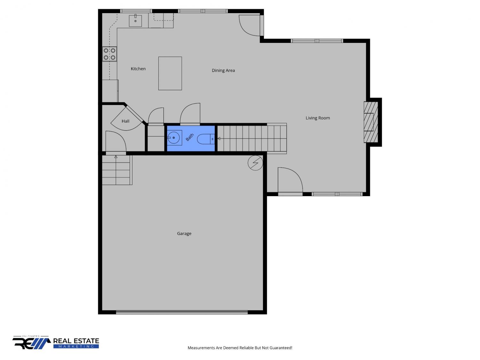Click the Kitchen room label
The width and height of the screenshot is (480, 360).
click(x=138, y=68)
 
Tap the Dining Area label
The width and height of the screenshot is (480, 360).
click(x=223, y=70)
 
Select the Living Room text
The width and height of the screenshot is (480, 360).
click(x=317, y=118)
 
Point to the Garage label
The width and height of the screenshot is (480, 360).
click(x=184, y=234)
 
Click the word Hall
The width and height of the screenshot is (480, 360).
click(x=125, y=121)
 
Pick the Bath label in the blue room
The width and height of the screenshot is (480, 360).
click(x=189, y=137)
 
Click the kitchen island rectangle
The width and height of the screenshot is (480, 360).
click(x=170, y=74)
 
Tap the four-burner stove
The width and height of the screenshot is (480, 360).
click(x=109, y=54)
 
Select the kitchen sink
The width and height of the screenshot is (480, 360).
click(x=135, y=21)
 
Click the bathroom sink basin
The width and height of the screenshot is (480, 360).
click(x=174, y=138)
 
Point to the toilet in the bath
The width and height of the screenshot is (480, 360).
click(x=205, y=139)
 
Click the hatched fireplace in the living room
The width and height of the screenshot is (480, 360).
click(x=371, y=122)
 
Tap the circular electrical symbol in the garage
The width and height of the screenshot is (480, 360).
click(x=255, y=163)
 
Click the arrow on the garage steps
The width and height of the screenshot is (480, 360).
click(x=116, y=157)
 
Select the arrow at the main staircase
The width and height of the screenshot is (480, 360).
click(x=219, y=139)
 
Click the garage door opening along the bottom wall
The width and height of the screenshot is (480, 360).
click(x=181, y=312)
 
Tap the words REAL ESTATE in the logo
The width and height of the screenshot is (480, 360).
click(x=76, y=341)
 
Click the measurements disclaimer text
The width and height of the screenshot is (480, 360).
click(x=240, y=348)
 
